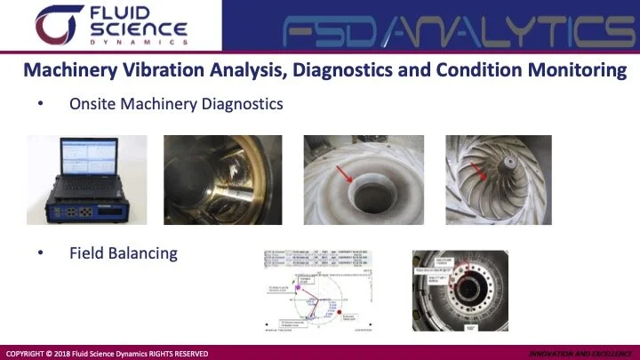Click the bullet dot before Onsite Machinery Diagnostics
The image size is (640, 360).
(x=40, y=105)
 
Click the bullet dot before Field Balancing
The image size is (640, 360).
(x=40, y=253)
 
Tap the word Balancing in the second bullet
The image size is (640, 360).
(x=144, y=253)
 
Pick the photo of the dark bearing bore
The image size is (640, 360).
(x=223, y=180)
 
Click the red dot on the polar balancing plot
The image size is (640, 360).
(x=337, y=307)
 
